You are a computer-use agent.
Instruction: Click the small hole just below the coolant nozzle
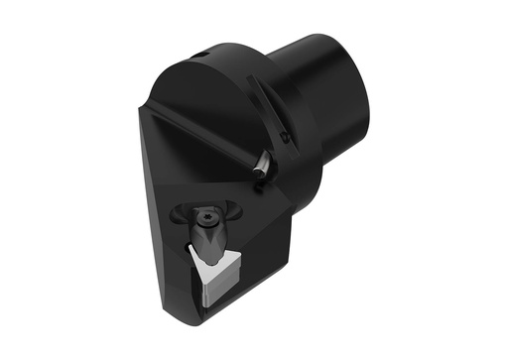(259, 181)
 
